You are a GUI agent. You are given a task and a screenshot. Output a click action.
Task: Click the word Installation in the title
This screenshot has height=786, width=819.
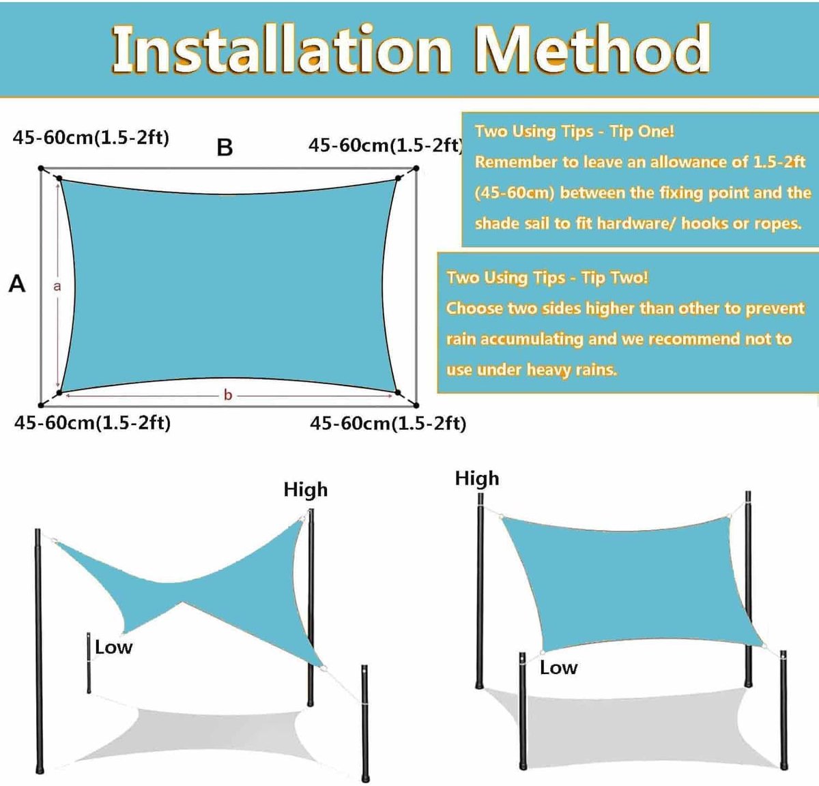pyautogui.click(x=282, y=50)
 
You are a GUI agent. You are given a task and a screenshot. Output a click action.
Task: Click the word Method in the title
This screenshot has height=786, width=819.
pyautogui.click(x=592, y=50)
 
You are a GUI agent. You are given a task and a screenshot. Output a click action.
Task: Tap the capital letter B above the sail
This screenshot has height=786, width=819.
pyautogui.click(x=225, y=147)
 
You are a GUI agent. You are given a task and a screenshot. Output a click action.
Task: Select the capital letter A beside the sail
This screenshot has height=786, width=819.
pyautogui.click(x=17, y=284)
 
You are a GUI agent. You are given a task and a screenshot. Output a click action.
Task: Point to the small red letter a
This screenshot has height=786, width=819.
pyautogui.click(x=57, y=287)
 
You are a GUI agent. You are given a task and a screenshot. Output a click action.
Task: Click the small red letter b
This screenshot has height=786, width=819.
pyautogui.click(x=228, y=395)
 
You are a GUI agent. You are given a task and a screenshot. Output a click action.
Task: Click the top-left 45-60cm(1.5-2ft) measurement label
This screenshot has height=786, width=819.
pyautogui.click(x=91, y=138)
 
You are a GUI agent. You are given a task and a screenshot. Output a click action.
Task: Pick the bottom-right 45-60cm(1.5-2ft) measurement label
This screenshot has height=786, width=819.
pyautogui.click(x=388, y=423)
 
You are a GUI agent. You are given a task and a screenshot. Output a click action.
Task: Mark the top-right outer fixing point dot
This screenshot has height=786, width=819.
pyautogui.click(x=416, y=169)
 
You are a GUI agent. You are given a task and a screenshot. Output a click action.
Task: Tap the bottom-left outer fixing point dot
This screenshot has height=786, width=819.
pyautogui.click(x=41, y=405)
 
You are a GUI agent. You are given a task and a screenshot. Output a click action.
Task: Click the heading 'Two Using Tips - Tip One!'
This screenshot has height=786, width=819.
pyautogui.click(x=575, y=132)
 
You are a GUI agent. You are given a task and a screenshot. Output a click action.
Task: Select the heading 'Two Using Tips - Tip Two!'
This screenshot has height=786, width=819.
pyautogui.click(x=547, y=278)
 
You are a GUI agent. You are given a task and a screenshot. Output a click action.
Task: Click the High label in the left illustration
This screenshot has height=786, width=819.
pyautogui.click(x=306, y=490)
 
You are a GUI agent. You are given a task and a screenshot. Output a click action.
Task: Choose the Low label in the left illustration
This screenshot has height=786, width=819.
pyautogui.click(x=113, y=647)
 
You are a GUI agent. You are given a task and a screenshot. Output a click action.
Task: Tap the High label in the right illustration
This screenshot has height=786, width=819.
pyautogui.click(x=477, y=479)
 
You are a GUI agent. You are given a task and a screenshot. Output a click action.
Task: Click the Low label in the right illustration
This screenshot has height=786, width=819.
pyautogui.click(x=558, y=668)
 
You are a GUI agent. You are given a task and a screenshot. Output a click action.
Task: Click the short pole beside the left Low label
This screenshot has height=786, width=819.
pyautogui.click(x=89, y=663)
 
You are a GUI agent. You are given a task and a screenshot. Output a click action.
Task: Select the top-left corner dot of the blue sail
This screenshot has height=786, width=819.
pyautogui.click(x=59, y=178)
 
